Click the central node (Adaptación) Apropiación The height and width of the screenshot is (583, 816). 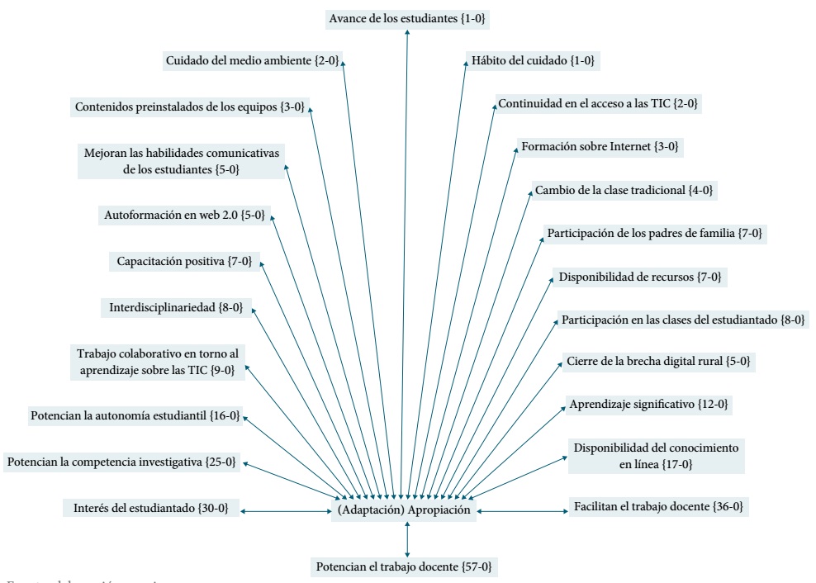click(403, 510)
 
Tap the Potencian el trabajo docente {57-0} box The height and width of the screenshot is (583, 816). click(404, 566)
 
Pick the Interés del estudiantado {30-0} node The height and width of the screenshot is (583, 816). click(150, 507)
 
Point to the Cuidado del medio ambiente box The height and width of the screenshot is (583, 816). click(252, 60)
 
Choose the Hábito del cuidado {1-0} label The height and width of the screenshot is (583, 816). click(532, 60)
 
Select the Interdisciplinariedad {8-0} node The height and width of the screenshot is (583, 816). click(175, 308)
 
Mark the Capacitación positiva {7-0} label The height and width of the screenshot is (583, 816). click(183, 262)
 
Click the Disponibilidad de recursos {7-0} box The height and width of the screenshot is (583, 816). click(641, 276)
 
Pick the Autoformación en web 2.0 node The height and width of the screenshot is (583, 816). click(183, 216)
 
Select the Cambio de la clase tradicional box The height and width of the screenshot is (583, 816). click(624, 190)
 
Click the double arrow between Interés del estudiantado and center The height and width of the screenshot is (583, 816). click(286, 512)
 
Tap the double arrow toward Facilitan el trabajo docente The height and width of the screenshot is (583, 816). click(519, 512)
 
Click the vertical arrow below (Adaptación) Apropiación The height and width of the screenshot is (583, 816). click(407, 538)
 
